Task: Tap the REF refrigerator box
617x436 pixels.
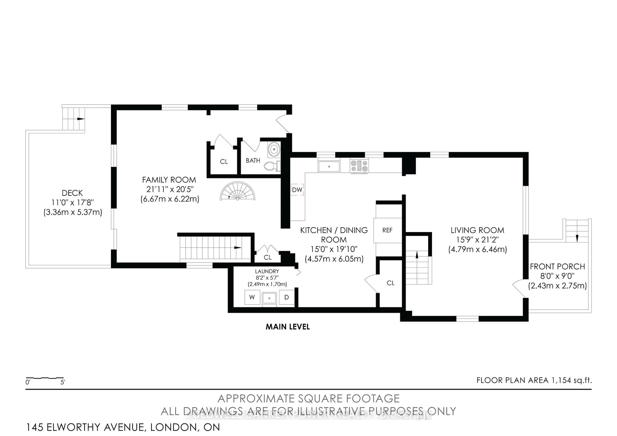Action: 387,230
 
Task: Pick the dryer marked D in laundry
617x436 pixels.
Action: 286,297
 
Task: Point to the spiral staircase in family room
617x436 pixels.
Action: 237,191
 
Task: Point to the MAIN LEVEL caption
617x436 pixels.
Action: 288,327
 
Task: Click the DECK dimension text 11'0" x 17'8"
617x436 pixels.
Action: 72,203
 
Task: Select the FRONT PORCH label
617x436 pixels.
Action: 557,267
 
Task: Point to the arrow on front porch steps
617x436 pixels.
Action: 577,238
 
